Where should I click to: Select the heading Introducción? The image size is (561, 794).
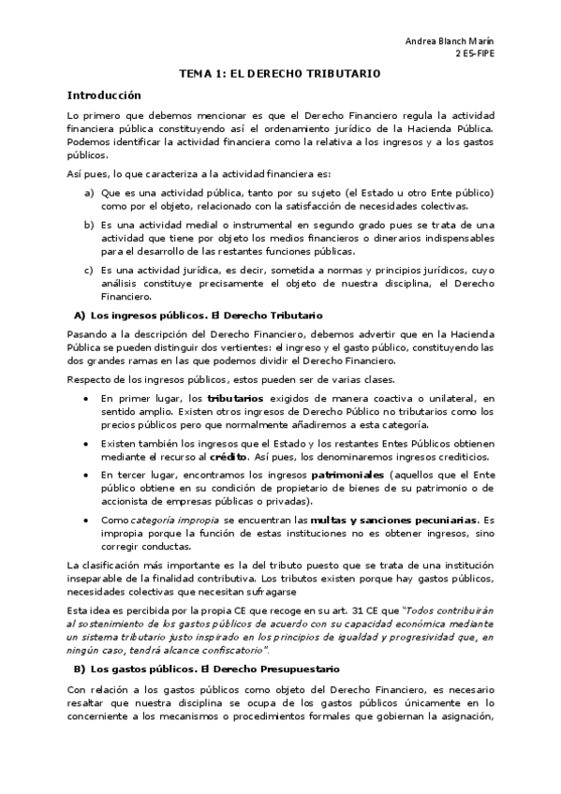(103, 95)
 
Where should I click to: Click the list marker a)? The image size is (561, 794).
(89, 192)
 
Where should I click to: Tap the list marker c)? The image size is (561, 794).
(89, 270)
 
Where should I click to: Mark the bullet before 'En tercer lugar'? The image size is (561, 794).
(87, 476)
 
